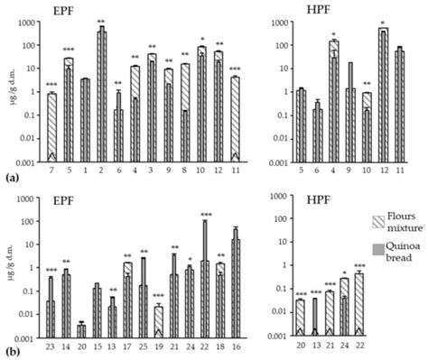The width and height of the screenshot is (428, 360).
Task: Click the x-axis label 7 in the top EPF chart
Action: pos(52,171)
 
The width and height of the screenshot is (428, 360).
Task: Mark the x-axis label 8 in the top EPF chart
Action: pos(184,171)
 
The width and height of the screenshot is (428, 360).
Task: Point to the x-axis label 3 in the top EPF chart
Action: pos(152,171)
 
